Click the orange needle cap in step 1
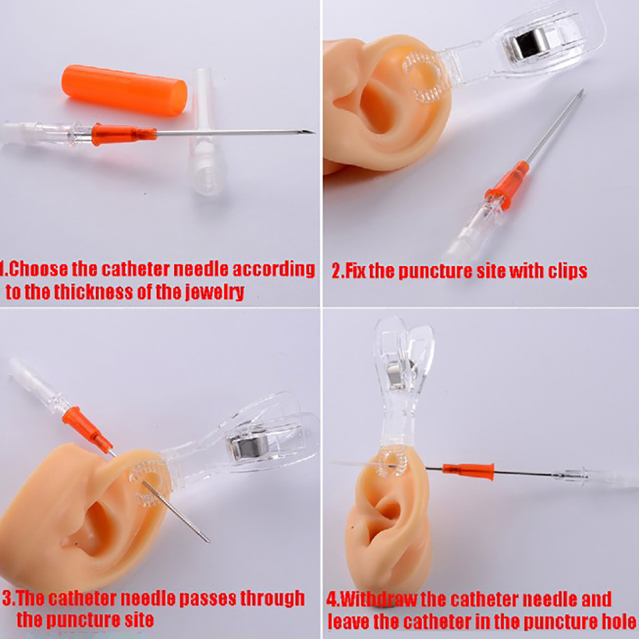(125, 90)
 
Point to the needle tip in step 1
(313, 132)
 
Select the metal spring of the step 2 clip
(528, 41)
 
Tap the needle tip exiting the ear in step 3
(208, 542)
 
